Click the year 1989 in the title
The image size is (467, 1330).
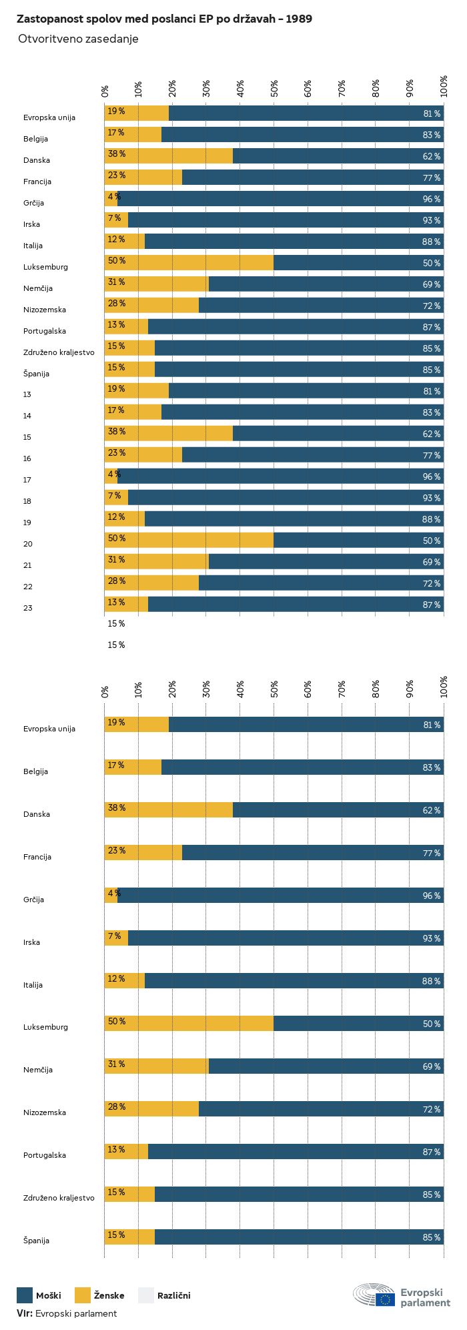[300, 19]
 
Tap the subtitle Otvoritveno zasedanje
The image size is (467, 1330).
[78, 39]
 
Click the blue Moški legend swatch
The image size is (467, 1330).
[25, 1295]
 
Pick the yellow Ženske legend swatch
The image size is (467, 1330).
[82, 1295]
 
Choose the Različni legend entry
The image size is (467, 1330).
[173, 1295]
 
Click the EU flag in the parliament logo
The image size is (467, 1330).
[385, 1299]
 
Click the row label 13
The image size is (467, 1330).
[27, 394]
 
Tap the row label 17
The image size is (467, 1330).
[27, 480]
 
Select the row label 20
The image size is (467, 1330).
[27, 544]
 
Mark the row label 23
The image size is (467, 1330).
[27, 608]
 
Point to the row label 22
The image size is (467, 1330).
[27, 587]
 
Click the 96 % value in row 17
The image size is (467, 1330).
[431, 477]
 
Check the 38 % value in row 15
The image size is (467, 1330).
[117, 432]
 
